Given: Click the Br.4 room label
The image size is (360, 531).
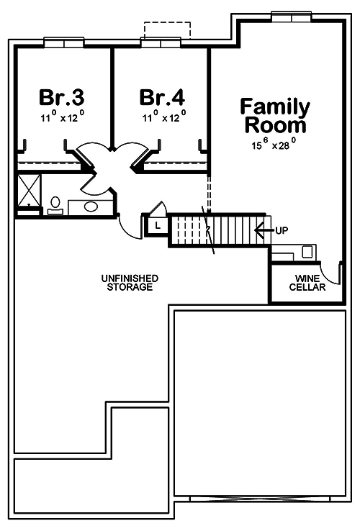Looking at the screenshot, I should point(162,96).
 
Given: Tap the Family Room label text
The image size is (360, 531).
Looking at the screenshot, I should point(276,116).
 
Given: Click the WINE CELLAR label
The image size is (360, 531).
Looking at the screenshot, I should point(307,283).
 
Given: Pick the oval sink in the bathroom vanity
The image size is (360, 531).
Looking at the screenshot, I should point(91,207).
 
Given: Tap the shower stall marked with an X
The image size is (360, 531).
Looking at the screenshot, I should point(30,191).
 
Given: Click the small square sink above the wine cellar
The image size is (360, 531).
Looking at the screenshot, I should point(308,252).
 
